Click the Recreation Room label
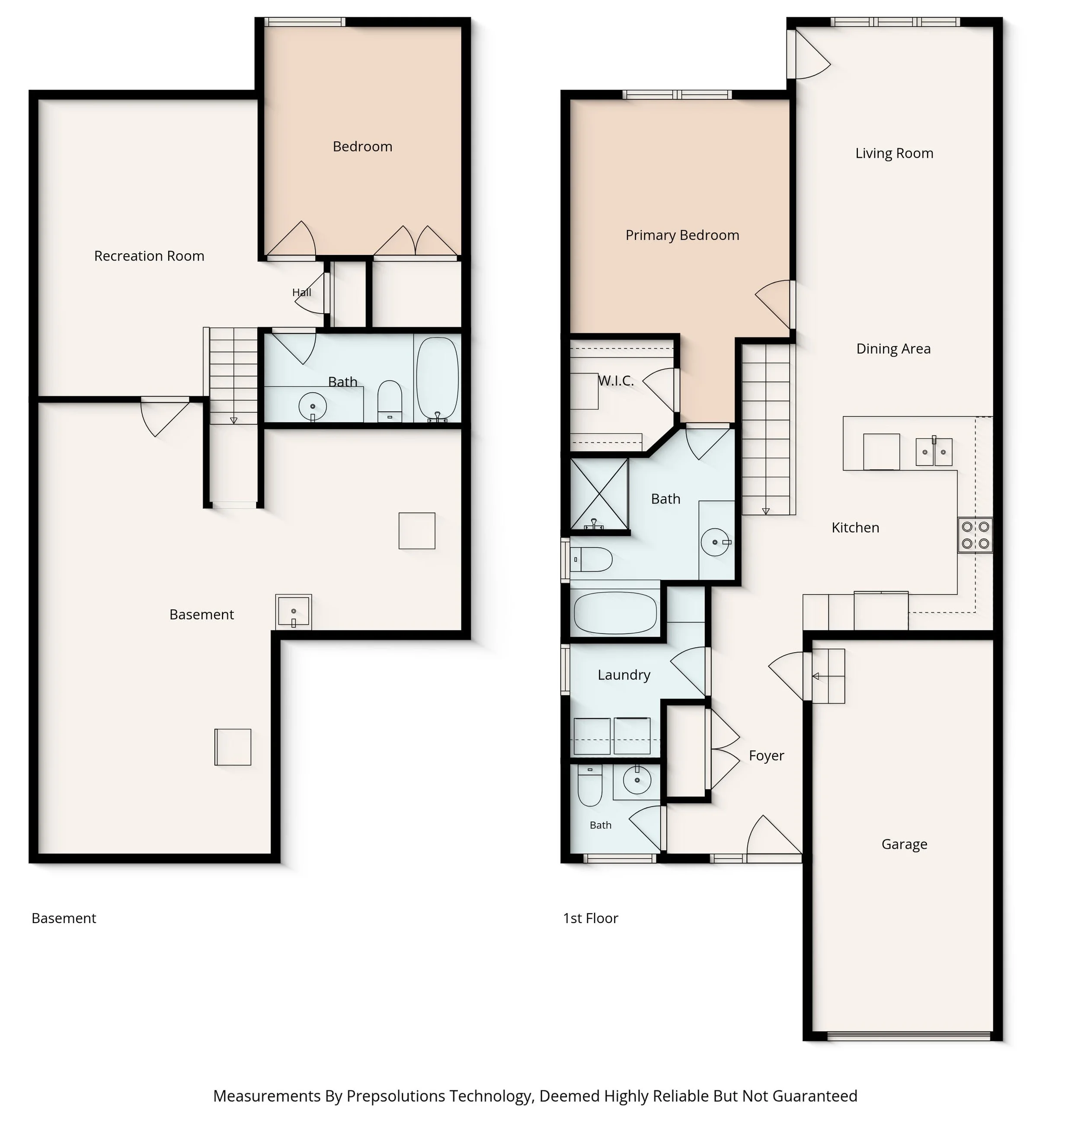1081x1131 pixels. (149, 256)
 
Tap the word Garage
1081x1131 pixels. (904, 845)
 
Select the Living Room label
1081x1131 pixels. (894, 153)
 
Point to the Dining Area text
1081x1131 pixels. (893, 348)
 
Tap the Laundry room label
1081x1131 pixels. (624, 675)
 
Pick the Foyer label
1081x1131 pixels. (766, 755)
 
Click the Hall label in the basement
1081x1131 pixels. (301, 292)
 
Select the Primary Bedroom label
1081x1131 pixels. (682, 235)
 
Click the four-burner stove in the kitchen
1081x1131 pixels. (975, 535)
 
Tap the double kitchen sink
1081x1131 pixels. (934, 452)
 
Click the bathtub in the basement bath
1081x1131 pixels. (437, 379)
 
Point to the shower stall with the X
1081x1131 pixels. (599, 494)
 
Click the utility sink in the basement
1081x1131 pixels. (293, 612)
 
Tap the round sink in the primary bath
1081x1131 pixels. (715, 542)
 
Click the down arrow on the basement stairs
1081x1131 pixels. (233, 421)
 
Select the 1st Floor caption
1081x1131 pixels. (590, 918)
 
